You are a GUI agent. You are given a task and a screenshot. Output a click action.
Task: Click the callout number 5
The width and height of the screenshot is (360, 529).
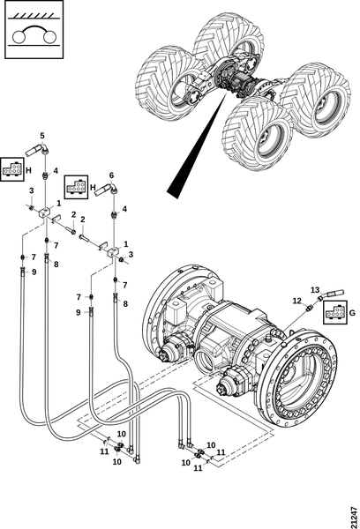click(x=42, y=136)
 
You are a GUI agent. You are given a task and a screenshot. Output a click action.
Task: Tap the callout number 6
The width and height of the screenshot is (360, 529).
click(x=111, y=175)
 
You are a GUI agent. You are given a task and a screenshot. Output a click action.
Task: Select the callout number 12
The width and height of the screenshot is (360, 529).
click(x=296, y=301)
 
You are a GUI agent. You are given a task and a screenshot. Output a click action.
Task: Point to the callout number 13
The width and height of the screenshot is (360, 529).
click(x=315, y=290)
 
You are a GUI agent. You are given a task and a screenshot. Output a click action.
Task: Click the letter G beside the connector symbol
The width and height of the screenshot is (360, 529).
click(x=352, y=313)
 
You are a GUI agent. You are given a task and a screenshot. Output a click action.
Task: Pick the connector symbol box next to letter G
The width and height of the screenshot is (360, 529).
click(x=335, y=312)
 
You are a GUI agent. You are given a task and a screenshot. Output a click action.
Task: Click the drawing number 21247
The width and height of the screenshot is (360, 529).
click(x=354, y=517)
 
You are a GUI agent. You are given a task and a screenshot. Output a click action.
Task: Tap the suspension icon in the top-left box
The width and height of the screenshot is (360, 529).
click(x=34, y=29)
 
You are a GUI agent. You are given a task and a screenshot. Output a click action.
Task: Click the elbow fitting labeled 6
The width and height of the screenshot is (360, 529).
click(x=106, y=189)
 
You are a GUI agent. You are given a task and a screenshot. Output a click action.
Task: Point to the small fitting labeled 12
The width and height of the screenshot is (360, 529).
click(x=308, y=308)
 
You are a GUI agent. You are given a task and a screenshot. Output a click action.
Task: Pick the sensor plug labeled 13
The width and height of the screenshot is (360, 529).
click(x=331, y=294)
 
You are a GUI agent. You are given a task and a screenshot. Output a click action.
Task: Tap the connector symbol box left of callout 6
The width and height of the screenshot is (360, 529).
click(x=76, y=187)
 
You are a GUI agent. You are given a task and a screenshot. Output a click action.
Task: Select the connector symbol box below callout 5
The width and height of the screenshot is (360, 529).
click(x=11, y=168)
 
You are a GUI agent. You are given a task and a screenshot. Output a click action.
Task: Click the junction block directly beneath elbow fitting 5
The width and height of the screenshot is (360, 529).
click(x=45, y=212)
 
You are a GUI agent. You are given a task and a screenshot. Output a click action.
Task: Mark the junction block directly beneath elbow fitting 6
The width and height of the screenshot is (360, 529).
click(x=114, y=252)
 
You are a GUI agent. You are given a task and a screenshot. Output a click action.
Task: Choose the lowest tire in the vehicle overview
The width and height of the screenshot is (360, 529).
click(x=258, y=134)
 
